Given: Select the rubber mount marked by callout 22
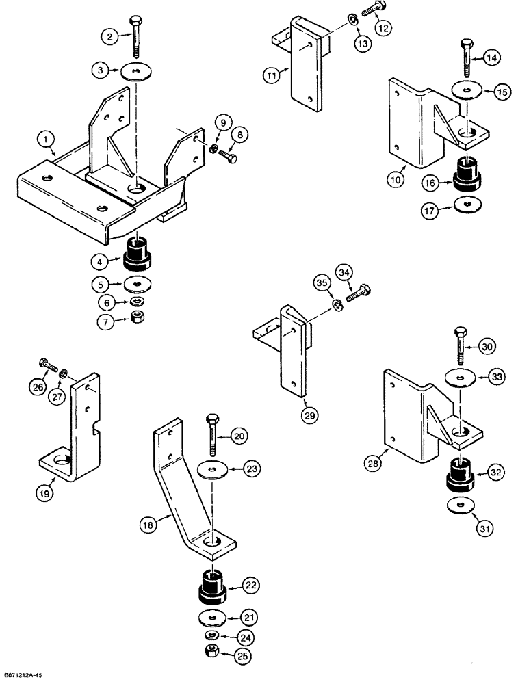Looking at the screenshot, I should [x=212, y=586].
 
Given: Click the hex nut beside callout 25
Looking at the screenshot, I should [x=213, y=649].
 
